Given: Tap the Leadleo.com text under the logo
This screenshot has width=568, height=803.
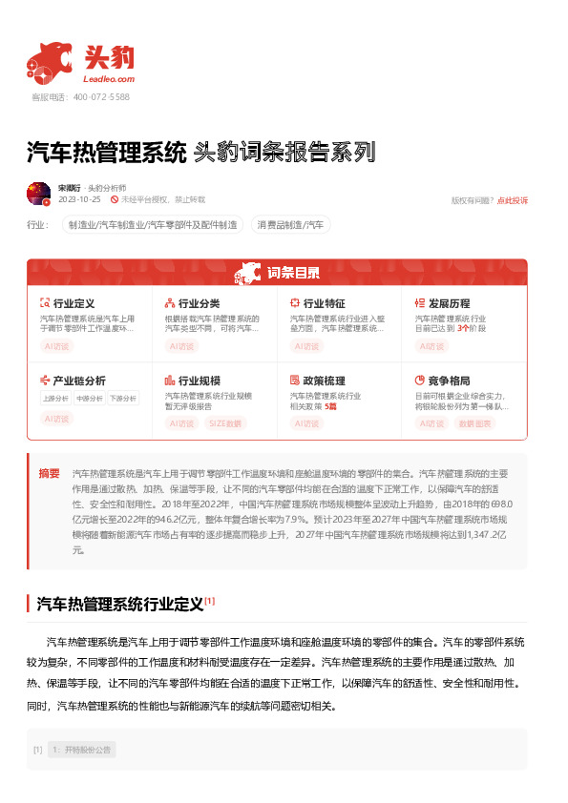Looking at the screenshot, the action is [109, 80].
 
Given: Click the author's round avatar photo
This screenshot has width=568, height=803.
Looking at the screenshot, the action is [39, 194].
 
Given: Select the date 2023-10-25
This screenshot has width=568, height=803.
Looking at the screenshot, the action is [79, 200].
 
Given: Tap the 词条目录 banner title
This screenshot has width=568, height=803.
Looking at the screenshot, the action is [293, 273].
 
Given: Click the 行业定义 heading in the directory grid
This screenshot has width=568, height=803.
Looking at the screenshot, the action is [74, 303].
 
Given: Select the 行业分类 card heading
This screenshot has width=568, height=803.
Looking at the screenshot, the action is [199, 303].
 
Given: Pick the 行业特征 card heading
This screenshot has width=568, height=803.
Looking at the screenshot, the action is [324, 303].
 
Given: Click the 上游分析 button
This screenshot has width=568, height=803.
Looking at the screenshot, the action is [55, 398].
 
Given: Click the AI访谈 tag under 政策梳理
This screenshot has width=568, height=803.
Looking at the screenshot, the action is [307, 422].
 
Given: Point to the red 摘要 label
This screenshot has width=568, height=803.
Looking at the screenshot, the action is [49, 473].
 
